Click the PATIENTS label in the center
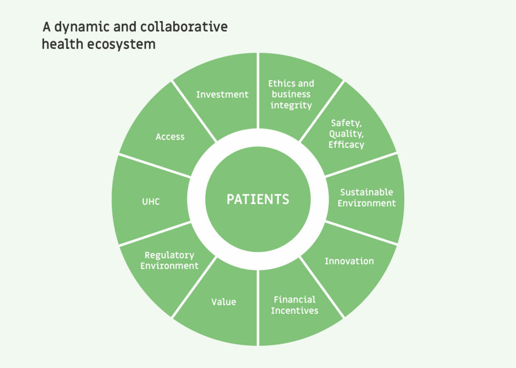[x=258, y=199]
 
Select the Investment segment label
[x=222, y=95]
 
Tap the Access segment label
[x=170, y=137]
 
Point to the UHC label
[x=151, y=202]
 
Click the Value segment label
[x=224, y=302]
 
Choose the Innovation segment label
[x=349, y=261]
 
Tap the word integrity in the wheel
[x=291, y=105]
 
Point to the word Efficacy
[x=346, y=145]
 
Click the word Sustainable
[x=366, y=192]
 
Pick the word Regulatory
[x=169, y=255]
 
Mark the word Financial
[x=294, y=300]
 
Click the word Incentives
[x=294, y=311]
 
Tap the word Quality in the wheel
[x=346, y=134]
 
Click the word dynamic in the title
[x=77, y=27]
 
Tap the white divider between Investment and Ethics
[x=258, y=91]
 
